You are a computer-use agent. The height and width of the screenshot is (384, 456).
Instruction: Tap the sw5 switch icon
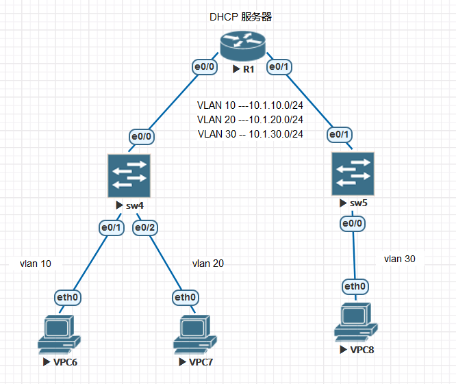click(352, 173)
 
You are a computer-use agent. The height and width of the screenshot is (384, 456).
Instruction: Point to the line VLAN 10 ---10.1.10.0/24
click(250, 106)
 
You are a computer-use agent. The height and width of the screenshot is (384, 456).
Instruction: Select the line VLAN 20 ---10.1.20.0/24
click(250, 120)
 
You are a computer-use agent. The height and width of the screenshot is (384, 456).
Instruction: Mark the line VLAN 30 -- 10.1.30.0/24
click(250, 134)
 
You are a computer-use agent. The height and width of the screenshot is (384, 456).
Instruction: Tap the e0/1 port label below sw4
click(110, 227)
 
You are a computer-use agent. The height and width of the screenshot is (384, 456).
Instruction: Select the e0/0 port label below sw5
click(353, 223)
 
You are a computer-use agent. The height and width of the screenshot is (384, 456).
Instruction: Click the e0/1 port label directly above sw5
click(340, 134)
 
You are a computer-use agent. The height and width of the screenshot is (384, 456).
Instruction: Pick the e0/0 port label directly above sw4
click(142, 136)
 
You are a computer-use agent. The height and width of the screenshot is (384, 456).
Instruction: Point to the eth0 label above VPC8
click(355, 286)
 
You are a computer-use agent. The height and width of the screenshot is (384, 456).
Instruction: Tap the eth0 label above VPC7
click(186, 297)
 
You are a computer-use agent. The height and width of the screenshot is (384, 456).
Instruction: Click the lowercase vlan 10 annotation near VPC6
click(35, 264)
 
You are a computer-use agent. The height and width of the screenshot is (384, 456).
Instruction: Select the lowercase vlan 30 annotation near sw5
click(399, 259)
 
